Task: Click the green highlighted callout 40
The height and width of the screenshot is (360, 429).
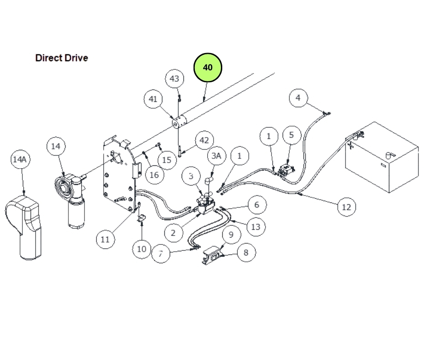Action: [x=208, y=68]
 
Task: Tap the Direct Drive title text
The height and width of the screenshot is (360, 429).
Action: [x=62, y=58]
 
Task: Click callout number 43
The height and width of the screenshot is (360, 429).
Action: [x=175, y=79]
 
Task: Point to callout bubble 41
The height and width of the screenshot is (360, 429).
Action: [x=153, y=99]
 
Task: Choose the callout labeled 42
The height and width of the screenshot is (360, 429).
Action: [x=204, y=140]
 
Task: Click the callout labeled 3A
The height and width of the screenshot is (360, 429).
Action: [x=216, y=156]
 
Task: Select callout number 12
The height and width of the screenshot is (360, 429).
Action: [x=346, y=207]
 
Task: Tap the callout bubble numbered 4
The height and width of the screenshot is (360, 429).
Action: [x=298, y=98]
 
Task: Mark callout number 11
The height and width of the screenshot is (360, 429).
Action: [x=105, y=239]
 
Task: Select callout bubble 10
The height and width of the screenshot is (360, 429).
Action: [x=142, y=249]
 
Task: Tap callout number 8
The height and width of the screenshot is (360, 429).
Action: [x=246, y=252]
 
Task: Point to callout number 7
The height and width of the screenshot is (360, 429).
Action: [x=160, y=254]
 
